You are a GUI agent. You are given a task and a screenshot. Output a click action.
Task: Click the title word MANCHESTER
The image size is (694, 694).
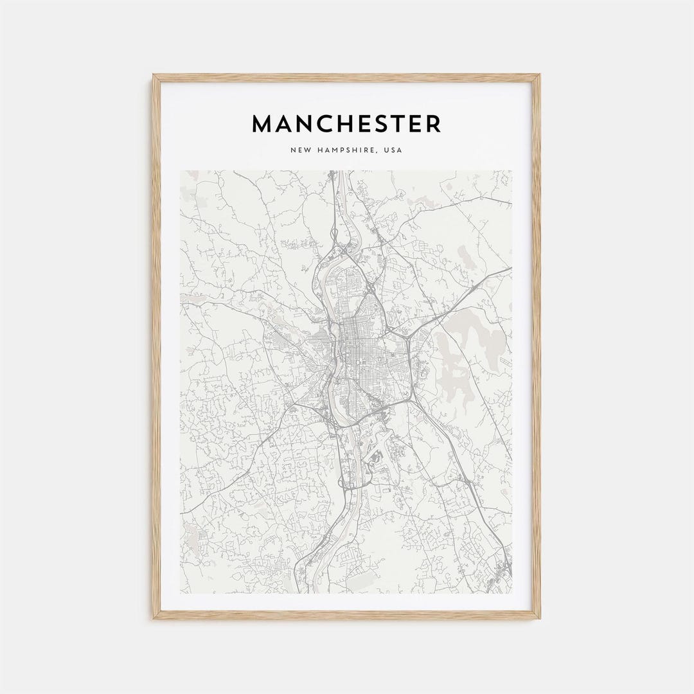346,124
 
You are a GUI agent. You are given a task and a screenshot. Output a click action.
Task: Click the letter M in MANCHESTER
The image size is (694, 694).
262,124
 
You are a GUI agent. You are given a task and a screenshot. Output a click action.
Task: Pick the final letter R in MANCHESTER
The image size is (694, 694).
434,124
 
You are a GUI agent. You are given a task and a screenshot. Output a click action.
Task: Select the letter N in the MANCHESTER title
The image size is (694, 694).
297,124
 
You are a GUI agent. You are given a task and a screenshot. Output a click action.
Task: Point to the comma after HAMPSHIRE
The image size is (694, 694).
380,153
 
